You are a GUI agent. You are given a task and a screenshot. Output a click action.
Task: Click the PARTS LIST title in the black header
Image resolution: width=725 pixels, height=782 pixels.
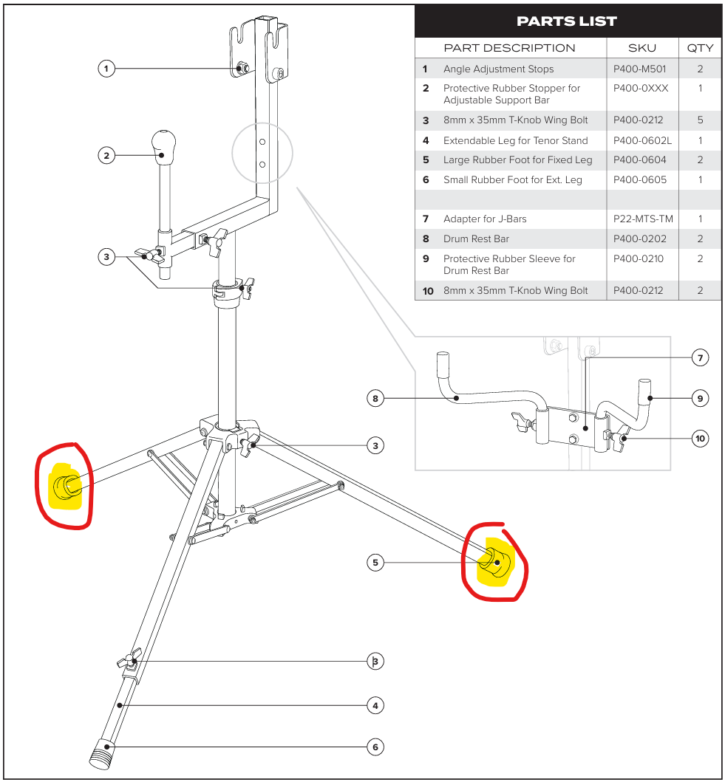pyautogui.click(x=568, y=21)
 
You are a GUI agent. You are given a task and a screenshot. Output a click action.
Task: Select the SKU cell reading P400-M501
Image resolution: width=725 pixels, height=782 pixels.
pyautogui.click(x=639, y=69)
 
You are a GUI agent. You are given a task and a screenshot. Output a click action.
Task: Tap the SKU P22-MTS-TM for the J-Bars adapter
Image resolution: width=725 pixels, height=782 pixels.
pyautogui.click(x=643, y=219)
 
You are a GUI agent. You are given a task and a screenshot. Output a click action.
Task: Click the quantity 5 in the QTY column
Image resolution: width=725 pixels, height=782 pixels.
pyautogui.click(x=700, y=120)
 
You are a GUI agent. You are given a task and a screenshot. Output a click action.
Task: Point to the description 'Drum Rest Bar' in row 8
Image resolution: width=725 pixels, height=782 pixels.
pyautogui.click(x=476, y=239)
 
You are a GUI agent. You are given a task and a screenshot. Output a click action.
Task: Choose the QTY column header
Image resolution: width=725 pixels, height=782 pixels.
pyautogui.click(x=700, y=48)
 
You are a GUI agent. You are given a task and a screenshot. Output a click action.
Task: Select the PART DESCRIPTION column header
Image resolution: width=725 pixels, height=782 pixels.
pyautogui.click(x=509, y=48)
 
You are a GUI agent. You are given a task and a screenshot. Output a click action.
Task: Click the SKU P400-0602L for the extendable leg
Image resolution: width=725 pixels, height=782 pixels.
pyautogui.click(x=642, y=140)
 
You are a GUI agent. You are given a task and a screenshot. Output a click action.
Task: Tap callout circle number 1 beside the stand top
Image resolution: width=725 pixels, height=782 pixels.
pyautogui.click(x=107, y=69)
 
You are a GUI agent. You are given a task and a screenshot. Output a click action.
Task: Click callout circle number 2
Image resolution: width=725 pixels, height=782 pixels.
pyautogui.click(x=107, y=155)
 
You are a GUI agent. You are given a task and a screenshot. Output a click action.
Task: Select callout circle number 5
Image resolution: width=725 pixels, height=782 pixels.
pyautogui.click(x=375, y=563)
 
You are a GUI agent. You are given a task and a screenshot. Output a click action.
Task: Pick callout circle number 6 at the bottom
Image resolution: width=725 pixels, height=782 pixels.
pyautogui.click(x=375, y=747)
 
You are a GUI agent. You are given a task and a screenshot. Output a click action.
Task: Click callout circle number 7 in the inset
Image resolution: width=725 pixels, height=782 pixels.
pyautogui.click(x=700, y=358)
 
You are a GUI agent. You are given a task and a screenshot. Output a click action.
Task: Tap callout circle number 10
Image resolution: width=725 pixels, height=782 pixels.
pyautogui.click(x=700, y=439)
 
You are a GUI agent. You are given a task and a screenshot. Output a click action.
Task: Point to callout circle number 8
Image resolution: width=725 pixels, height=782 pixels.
pyautogui.click(x=375, y=399)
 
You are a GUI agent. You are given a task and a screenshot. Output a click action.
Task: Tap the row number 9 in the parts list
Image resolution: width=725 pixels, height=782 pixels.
pyautogui.click(x=426, y=259)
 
